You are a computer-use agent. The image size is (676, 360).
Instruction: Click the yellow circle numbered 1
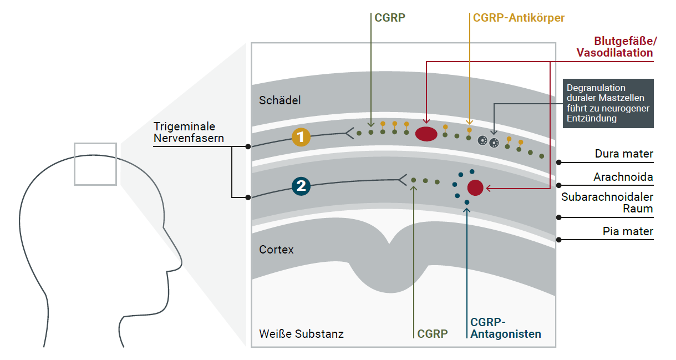pyautogui.click(x=301, y=138)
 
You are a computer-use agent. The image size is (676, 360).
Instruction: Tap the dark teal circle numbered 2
pyautogui.click(x=301, y=186)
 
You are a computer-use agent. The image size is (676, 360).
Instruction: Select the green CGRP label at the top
pyautogui.click(x=390, y=18)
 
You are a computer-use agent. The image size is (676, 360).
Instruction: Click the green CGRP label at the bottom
pyautogui.click(x=433, y=334)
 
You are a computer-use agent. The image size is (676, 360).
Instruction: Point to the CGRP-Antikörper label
pyautogui.click(x=519, y=18)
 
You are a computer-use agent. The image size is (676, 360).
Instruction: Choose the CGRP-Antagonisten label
pyautogui.click(x=505, y=328)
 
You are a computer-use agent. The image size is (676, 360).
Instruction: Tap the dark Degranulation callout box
pyautogui.click(x=608, y=103)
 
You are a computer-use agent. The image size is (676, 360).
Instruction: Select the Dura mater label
pyautogui.click(x=624, y=154)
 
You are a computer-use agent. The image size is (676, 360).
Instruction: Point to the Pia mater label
pyautogui.click(x=628, y=232)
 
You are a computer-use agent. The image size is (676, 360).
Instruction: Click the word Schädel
pyautogui.click(x=279, y=100)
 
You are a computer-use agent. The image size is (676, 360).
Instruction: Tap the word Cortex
pyautogui.click(x=276, y=250)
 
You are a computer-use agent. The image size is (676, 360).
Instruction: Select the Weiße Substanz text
pyautogui.click(x=301, y=334)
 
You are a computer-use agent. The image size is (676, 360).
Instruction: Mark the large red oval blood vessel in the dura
pyautogui.click(x=426, y=134)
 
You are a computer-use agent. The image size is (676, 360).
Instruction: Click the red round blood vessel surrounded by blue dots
pyautogui.click(x=476, y=187)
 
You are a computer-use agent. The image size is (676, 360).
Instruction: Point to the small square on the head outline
pyautogui.click(x=95, y=164)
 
